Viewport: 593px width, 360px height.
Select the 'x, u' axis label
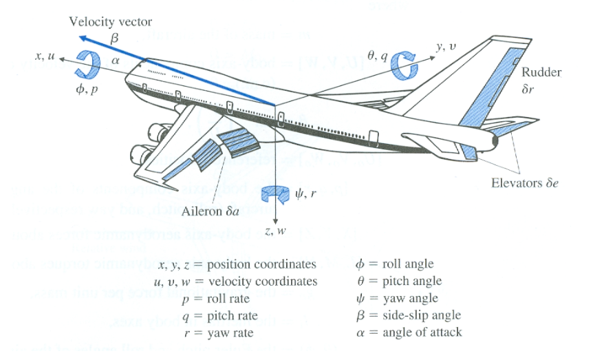pos(42,55)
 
